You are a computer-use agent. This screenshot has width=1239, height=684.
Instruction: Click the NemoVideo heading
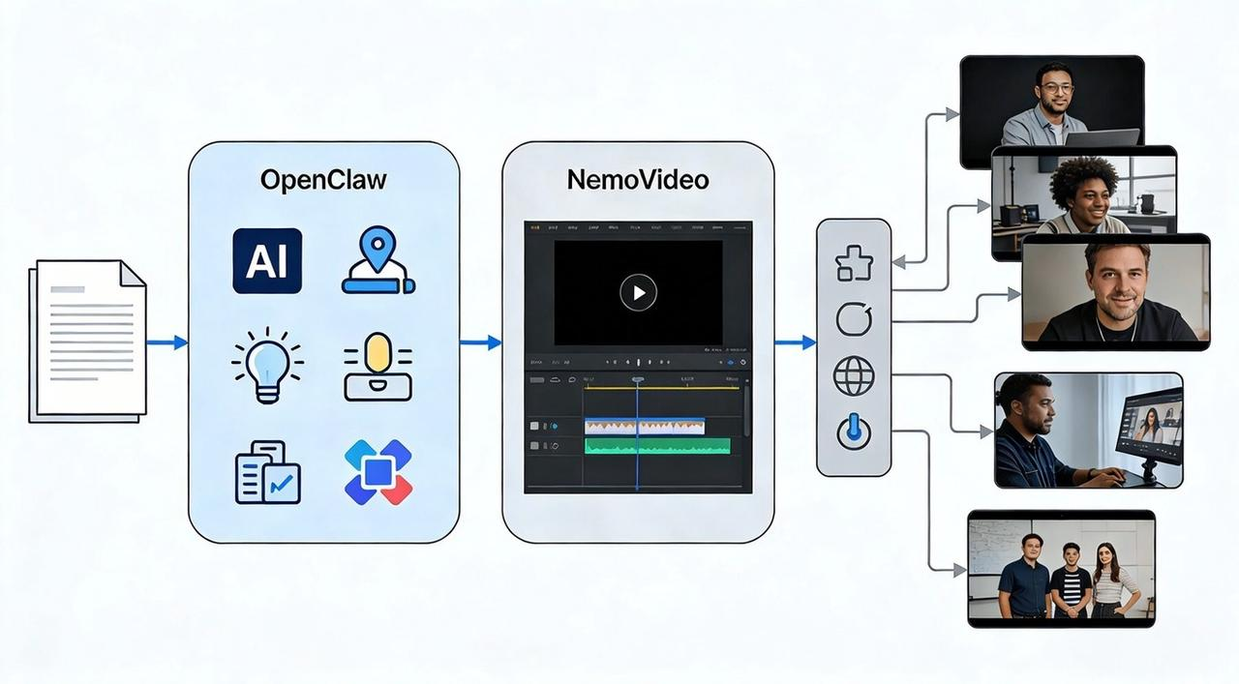coord(638,180)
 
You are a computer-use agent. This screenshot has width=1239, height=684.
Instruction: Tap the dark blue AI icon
coord(267,261)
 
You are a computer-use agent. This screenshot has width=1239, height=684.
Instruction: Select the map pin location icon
coord(378,261)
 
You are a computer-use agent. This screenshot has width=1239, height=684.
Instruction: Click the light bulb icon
coord(267,367)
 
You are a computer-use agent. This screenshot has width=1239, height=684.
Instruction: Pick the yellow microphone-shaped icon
coord(378,367)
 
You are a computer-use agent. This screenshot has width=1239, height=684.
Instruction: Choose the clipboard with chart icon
coord(267,472)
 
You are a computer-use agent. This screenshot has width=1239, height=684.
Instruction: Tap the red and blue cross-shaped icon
coord(378,472)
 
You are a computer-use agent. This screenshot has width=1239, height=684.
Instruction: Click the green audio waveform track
coord(657,445)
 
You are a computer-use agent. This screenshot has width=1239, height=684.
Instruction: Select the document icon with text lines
coord(88,340)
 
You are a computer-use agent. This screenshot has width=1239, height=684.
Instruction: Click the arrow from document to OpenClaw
coord(166,342)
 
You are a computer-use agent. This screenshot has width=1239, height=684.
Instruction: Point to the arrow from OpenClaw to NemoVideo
coord(480,342)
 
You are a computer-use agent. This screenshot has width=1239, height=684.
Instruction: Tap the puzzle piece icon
coord(853,263)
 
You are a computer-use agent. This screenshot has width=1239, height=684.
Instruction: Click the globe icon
coord(853,376)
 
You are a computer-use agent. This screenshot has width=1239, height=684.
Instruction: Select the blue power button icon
coord(853,432)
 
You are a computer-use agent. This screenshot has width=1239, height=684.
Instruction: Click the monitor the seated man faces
coord(1150,426)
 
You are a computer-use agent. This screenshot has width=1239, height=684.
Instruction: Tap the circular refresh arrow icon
coord(853,319)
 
